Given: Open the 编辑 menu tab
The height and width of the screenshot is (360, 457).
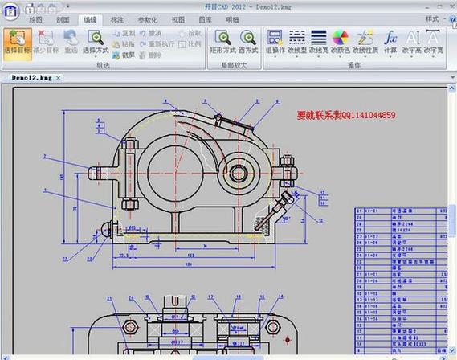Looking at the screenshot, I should coord(90,18).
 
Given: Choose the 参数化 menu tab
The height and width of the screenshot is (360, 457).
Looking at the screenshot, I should coord(147,18).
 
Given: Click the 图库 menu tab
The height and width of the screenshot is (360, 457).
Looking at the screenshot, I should coord(206,18).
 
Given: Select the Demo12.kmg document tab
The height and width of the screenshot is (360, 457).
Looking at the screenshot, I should coord(32,77).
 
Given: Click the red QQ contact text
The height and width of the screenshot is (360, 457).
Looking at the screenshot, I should coord(345,116).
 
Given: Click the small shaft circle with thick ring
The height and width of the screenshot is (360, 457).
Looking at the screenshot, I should coord(239,171).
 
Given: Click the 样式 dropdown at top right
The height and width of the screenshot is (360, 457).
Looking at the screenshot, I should coord(435,18).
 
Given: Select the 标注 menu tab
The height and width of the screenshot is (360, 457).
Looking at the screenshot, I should coord(118,18).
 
